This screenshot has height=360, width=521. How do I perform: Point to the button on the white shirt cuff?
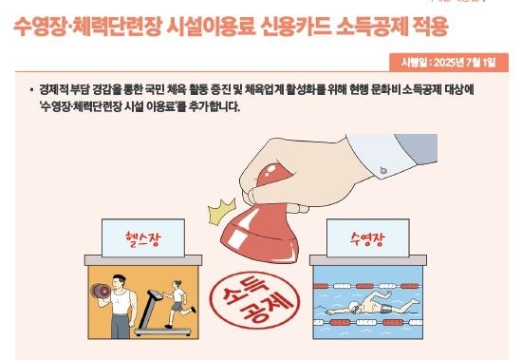[x=386, y=171]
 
